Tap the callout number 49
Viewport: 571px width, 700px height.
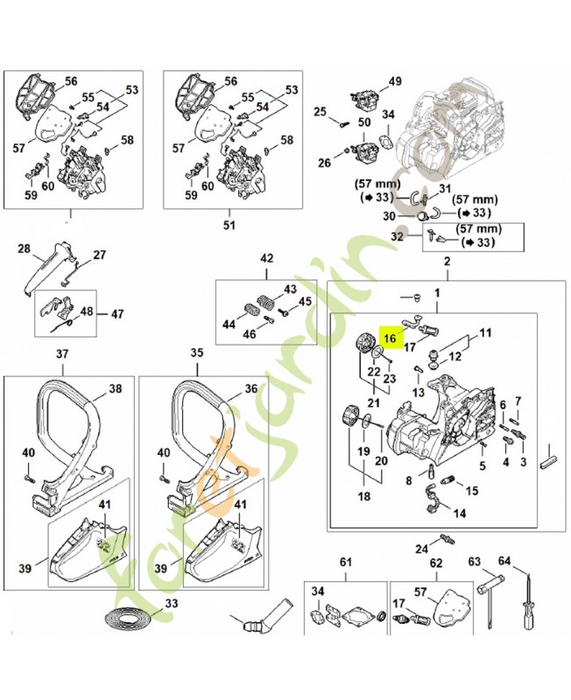tap(395, 81)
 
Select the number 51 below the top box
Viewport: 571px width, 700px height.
tap(229, 225)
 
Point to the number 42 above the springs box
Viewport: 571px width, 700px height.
tap(267, 257)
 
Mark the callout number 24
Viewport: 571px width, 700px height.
tap(421, 549)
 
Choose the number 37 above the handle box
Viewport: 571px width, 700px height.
tap(62, 354)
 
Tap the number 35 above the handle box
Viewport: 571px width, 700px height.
tap(197, 354)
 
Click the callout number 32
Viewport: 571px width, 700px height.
tap(397, 236)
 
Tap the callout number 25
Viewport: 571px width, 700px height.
tap(320, 111)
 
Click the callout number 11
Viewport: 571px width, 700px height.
tap(485, 332)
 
